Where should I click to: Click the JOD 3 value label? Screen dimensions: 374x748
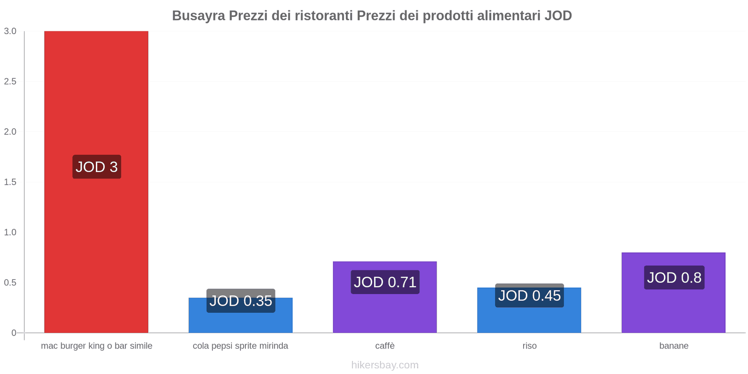pos(97,167)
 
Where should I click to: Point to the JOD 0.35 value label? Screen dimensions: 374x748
pos(241,301)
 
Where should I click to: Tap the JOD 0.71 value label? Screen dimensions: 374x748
pos(385,282)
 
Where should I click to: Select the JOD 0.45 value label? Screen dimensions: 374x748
pos(529,295)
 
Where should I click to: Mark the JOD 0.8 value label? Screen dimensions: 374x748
pos(674,278)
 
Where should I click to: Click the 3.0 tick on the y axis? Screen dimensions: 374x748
pos(10,31)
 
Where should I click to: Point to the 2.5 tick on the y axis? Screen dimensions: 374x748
pos(10,81)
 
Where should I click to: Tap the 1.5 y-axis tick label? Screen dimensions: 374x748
pos(10,182)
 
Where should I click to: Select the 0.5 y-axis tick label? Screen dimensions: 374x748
pos(10,282)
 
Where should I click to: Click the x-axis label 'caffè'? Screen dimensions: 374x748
pos(385,346)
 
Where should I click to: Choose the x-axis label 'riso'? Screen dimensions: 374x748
pos(529,346)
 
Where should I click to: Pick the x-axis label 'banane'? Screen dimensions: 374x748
pos(674,346)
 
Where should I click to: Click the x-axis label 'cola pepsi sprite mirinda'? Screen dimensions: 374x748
pos(240,346)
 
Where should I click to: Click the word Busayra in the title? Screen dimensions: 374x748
pos(198,16)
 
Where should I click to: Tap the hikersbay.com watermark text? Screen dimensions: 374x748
pos(385,365)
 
